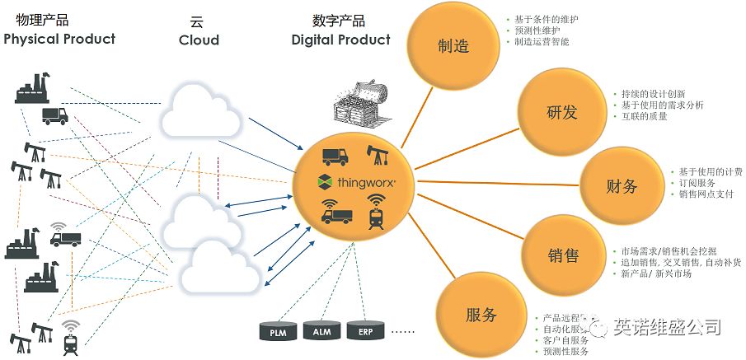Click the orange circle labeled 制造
(x=453, y=47)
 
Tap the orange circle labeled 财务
(x=621, y=186)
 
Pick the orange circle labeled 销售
(x=562, y=256)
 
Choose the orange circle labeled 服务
(x=481, y=314)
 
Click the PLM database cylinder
(x=278, y=331)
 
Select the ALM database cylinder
(x=321, y=331)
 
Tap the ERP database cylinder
(x=364, y=331)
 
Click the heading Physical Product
(x=59, y=39)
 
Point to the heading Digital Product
(x=340, y=40)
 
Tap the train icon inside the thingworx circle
(x=378, y=216)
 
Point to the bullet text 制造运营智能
(x=542, y=41)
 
